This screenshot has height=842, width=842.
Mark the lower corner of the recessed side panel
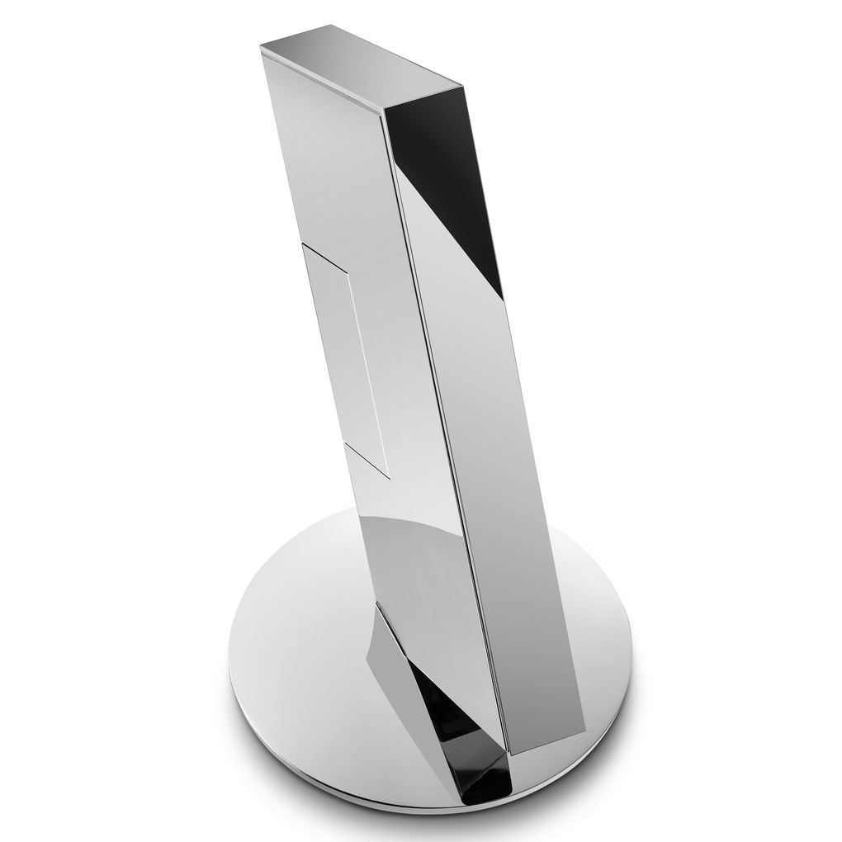point(388,477)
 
